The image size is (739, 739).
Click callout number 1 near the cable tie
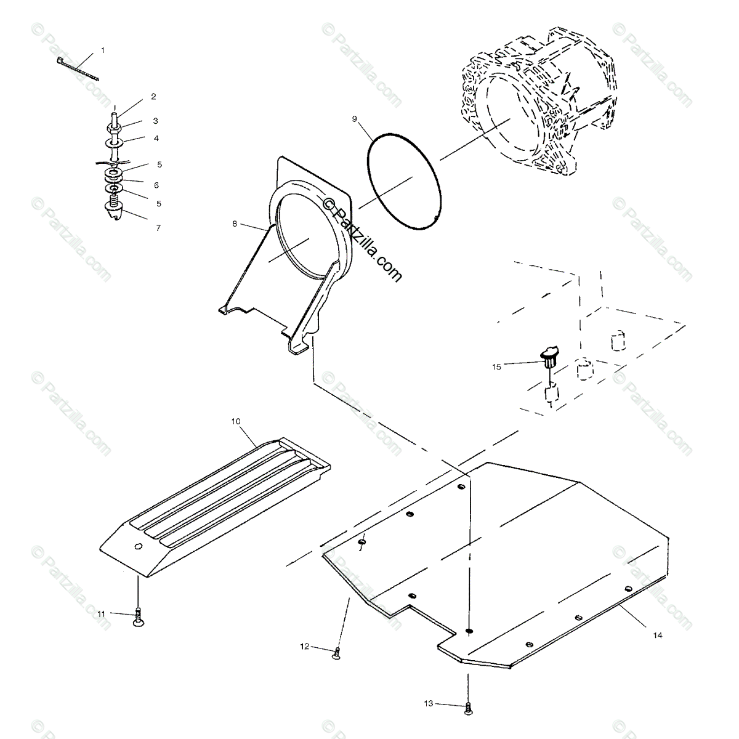[103, 50]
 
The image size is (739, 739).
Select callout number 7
[158, 228]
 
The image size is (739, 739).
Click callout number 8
[235, 224]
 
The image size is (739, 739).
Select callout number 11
[102, 613]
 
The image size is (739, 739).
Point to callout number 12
[304, 646]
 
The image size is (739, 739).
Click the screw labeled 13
[468, 709]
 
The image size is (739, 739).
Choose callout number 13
[427, 703]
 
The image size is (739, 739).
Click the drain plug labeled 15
[549, 356]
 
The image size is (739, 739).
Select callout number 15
[496, 366]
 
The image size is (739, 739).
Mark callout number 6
[156, 185]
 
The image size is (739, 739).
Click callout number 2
[153, 97]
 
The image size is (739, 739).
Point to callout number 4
[156, 138]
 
